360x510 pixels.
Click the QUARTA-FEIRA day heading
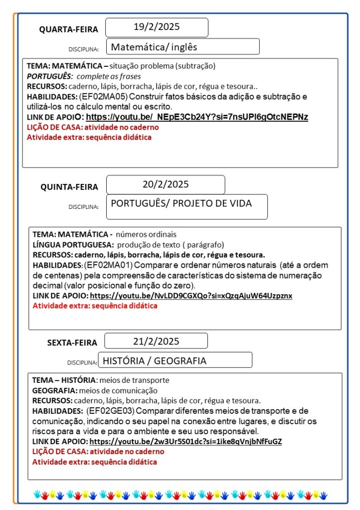(69, 29)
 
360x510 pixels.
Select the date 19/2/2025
(157, 27)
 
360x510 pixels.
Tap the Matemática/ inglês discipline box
(182, 47)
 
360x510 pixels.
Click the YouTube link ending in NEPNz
(197, 117)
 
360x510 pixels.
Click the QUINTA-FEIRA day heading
(69, 187)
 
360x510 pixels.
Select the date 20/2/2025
(166, 184)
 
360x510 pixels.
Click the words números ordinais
(146, 234)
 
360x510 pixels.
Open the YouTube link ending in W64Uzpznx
(191, 296)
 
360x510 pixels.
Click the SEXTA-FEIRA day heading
(72, 342)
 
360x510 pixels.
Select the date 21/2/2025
(156, 341)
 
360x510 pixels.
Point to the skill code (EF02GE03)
(110, 411)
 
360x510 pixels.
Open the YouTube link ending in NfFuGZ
(186, 442)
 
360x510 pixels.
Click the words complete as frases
(109, 76)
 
